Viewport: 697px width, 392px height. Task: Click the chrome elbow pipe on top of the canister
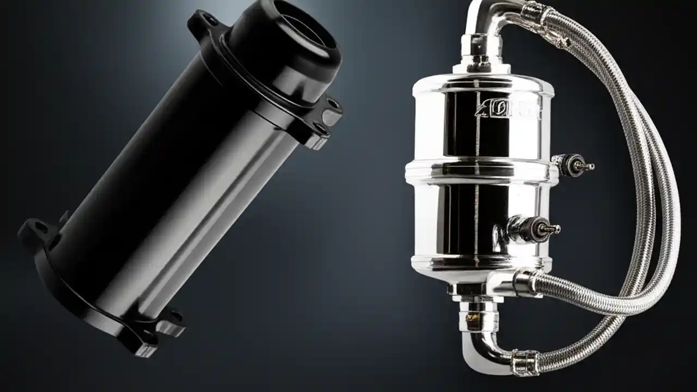tap(490, 22)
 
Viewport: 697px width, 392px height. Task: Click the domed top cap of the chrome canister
tap(479, 82)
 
